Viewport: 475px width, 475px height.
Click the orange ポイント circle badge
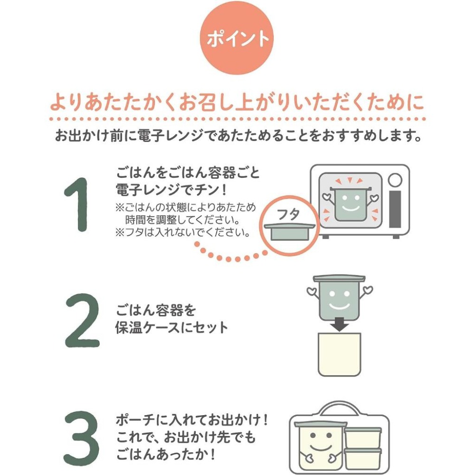(x=237, y=38)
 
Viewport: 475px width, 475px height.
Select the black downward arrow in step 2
(x=339, y=324)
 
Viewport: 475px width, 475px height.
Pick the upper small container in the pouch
(x=363, y=437)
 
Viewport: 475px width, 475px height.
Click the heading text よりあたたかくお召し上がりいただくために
(x=237, y=104)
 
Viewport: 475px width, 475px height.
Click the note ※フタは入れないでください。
(x=183, y=233)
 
